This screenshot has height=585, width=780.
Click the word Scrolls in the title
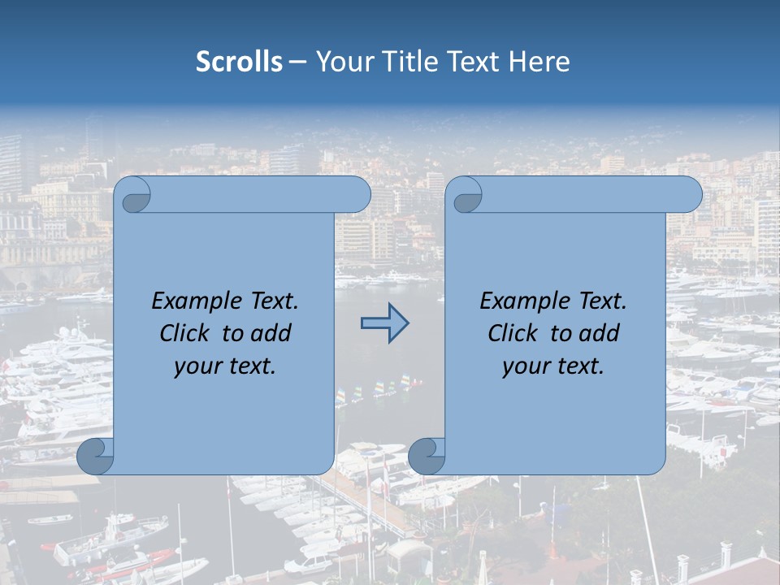click(x=239, y=62)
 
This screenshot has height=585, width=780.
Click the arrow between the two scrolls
click(x=384, y=323)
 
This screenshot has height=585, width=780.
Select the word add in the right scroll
click(x=600, y=333)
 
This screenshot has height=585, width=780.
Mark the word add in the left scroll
click(x=272, y=333)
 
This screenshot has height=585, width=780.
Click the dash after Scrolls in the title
click(x=297, y=62)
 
